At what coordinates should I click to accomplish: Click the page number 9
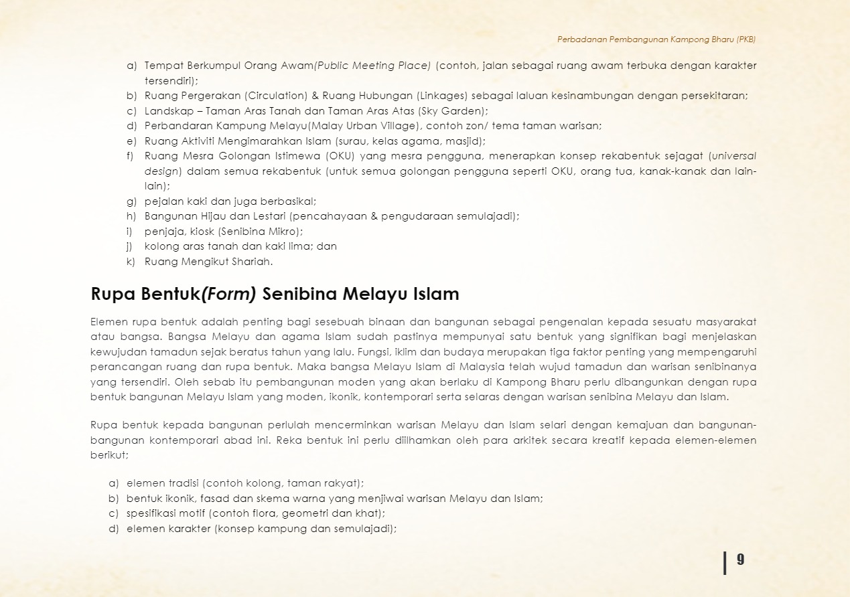pyautogui.click(x=740, y=560)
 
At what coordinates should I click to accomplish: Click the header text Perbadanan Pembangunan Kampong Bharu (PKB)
pyautogui.click(x=656, y=39)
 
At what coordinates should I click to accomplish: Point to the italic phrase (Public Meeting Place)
pyautogui.click(x=372, y=66)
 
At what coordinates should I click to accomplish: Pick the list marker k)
pyautogui.click(x=131, y=262)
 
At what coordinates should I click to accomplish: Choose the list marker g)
pyautogui.click(x=131, y=201)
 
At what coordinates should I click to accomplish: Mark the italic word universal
pyautogui.click(x=734, y=156)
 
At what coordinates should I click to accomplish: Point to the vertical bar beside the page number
pyautogui.click(x=725, y=562)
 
